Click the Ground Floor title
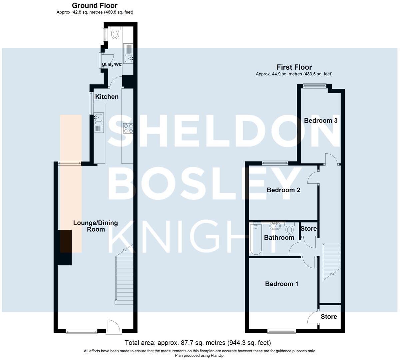coord(95,6)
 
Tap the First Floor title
coord(294,67)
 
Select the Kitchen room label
coord(107,97)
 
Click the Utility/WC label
coord(112,65)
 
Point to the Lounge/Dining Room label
coord(95,226)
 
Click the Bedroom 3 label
coord(320,121)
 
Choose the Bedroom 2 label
coord(283,190)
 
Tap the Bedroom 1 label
coord(281,284)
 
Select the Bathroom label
coord(279,238)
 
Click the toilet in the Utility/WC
coord(115,33)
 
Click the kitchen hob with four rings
coord(128,128)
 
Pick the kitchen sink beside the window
coord(99,117)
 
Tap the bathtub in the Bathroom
coord(256,239)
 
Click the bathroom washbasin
coord(275,226)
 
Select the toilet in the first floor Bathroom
coord(289,229)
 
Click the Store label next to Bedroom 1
coord(328,317)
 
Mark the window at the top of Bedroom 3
coord(314,86)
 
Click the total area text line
coord(198,343)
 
